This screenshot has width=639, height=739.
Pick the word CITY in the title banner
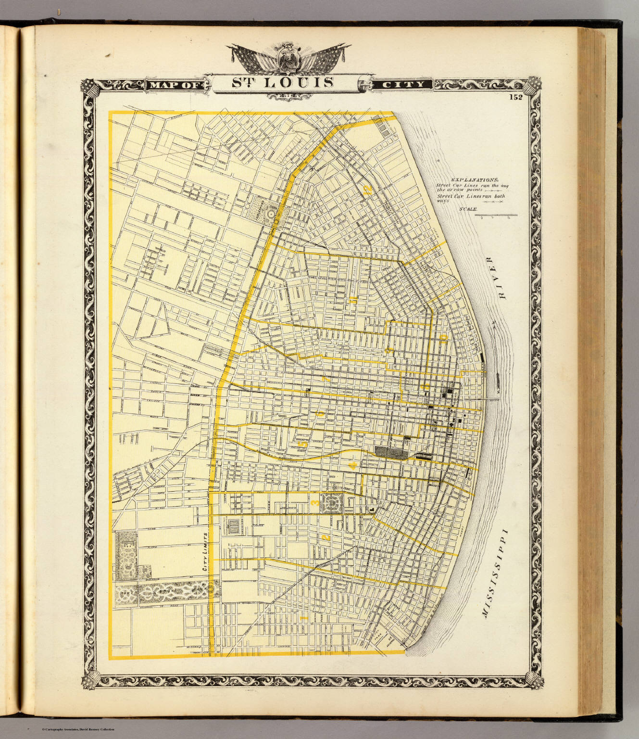coord(403,85)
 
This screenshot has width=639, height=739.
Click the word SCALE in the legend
coord(468,209)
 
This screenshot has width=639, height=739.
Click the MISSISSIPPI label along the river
coord(495,573)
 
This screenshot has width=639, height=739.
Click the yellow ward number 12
coord(368,190)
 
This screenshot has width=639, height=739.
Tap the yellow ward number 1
coord(303,617)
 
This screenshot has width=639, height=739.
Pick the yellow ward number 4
coord(352,465)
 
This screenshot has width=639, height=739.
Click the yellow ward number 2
coord(325,537)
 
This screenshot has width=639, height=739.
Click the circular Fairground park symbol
coord(271,212)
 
